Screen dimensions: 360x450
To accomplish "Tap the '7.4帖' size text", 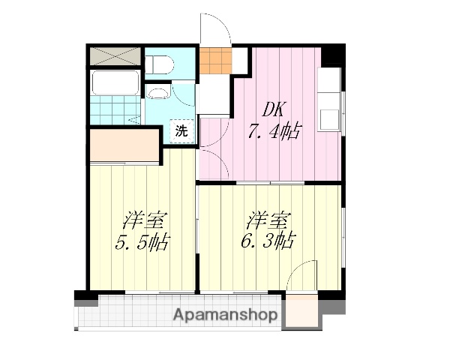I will pyautogui.click(x=274, y=132).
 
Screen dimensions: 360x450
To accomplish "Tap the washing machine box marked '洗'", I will pyautogui.click(x=181, y=130).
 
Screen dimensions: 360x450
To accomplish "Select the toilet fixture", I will pyautogui.click(x=158, y=64).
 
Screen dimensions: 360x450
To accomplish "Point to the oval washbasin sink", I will pyautogui.click(x=157, y=94).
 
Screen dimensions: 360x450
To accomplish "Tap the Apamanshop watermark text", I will pyautogui.click(x=226, y=314).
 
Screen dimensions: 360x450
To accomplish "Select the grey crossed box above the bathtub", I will pyautogui.click(x=114, y=55).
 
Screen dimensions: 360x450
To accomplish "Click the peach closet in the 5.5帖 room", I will pyautogui.click(x=124, y=145).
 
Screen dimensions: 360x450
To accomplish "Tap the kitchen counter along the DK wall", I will pyautogui.click(x=329, y=101).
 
